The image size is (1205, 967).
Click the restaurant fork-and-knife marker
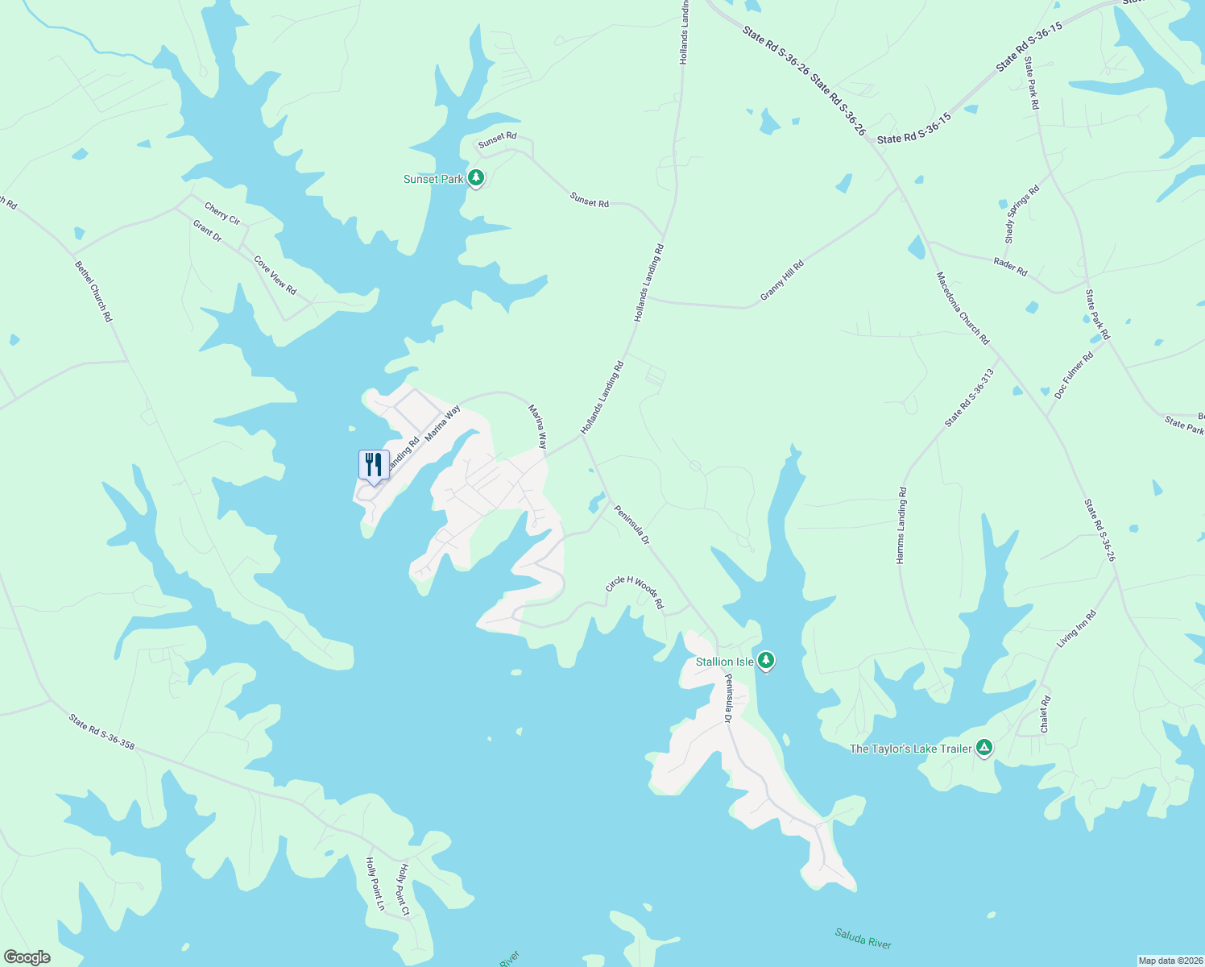373,465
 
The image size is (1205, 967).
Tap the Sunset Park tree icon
476,177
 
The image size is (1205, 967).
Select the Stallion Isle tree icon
766,661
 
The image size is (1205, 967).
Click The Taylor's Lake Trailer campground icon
983,748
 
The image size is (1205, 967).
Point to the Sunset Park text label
433,179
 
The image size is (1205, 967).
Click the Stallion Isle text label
724,662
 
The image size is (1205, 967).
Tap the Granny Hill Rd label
782,281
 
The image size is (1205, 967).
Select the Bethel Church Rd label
93,291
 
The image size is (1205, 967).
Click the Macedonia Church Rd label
963,308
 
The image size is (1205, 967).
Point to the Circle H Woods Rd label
635,592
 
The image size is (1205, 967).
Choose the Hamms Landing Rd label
902,525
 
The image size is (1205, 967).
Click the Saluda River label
863,939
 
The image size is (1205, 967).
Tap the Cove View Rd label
275,276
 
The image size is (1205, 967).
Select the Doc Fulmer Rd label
1074,375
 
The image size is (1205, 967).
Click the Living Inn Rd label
1077,629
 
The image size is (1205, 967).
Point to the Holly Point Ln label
375,884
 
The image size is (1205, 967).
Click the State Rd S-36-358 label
101,731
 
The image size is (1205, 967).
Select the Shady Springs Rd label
1022,214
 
